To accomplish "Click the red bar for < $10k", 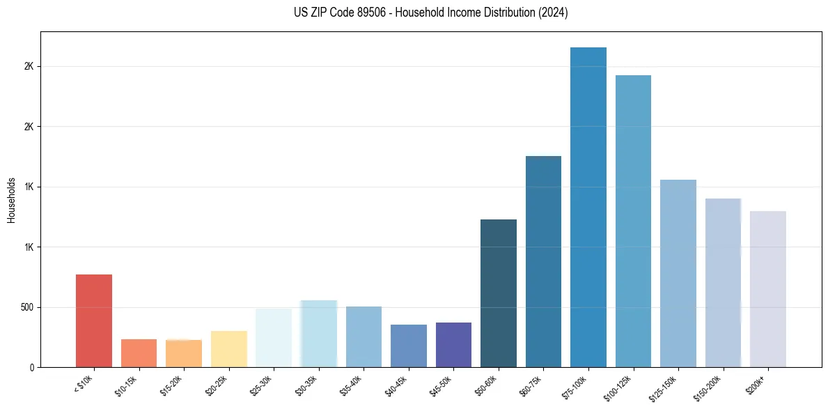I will pyautogui.click(x=94, y=320).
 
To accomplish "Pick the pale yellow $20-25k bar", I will pyautogui.click(x=229, y=349).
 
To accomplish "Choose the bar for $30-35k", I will pyautogui.click(x=319, y=334).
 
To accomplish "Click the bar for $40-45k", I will pyautogui.click(x=409, y=346).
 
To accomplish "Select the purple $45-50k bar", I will pyautogui.click(x=453, y=345).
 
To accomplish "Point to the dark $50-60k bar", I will pyautogui.click(x=499, y=293).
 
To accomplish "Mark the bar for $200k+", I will pyautogui.click(x=768, y=289).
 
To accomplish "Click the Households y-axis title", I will pyautogui.click(x=11, y=200).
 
